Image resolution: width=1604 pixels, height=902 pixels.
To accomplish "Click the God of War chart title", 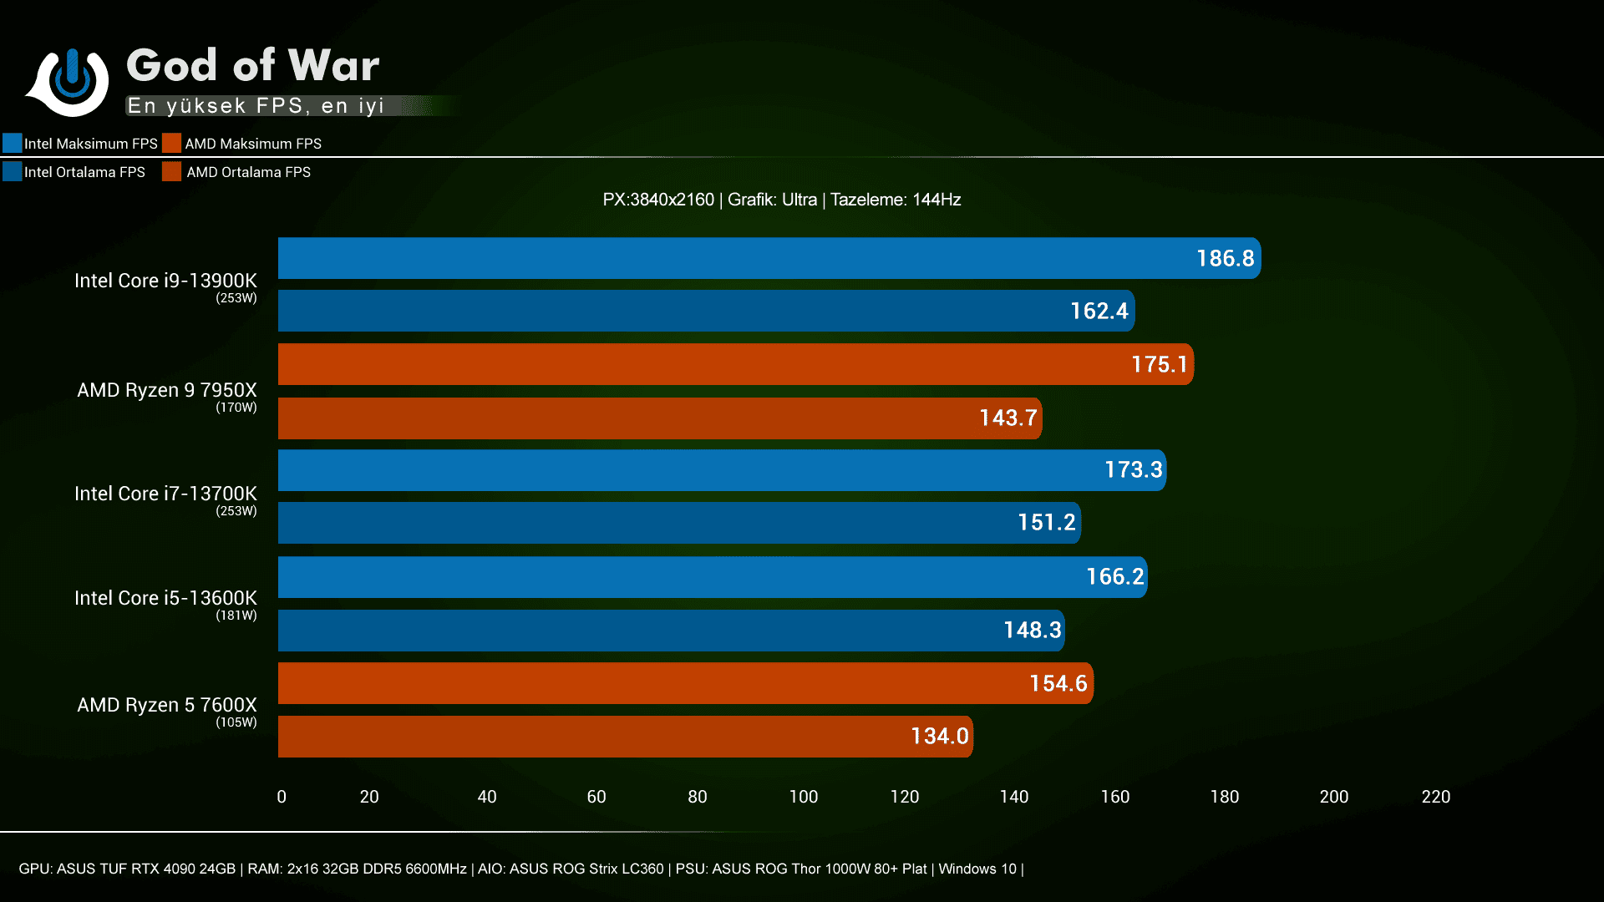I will pos(252,65).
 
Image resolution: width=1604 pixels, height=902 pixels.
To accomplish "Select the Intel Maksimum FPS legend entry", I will pos(80,144).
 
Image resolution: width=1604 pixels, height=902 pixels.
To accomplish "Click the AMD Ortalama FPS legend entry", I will pos(237,172).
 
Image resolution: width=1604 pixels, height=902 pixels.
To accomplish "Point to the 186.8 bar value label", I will pos(1225,258).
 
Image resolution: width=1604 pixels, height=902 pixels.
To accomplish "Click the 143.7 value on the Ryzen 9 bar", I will pos(1008,418).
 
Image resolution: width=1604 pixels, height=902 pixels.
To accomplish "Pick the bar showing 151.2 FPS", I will pos(678,523).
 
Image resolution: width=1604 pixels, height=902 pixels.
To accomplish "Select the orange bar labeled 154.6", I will pos(685,683).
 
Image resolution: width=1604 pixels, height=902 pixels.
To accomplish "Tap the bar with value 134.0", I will pos(625,737).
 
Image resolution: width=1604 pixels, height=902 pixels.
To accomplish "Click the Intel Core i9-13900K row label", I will pos(165,281).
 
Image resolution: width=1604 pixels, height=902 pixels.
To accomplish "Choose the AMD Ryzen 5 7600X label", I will pos(167,705).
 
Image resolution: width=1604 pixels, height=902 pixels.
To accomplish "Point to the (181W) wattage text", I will pos(236,616).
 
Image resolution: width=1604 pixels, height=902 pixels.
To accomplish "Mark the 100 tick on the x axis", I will pos(804,797).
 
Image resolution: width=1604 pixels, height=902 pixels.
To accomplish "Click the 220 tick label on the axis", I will pos(1436,797).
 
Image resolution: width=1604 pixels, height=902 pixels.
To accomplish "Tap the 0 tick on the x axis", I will pos(282,797).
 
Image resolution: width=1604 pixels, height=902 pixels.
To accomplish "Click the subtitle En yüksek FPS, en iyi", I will pos(256,106).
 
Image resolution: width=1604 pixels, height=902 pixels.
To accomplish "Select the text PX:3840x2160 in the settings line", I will pos(658,200).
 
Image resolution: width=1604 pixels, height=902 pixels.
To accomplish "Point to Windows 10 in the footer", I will pos(977,869).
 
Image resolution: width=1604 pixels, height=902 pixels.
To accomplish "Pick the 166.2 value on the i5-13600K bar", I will pos(1114,576).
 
